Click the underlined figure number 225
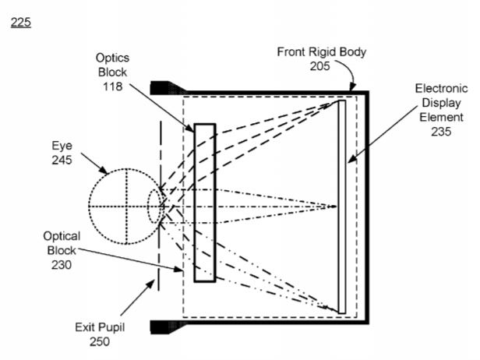21,23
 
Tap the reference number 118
113,86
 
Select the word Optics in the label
112,58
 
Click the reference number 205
320,66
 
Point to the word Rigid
321,51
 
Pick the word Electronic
441,89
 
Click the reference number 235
441,132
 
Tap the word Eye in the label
62,146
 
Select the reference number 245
62,160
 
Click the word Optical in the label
62,236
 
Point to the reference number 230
62,265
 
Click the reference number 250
100,341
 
